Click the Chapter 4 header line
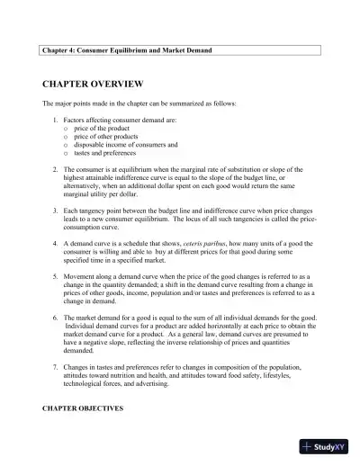[127, 50]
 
